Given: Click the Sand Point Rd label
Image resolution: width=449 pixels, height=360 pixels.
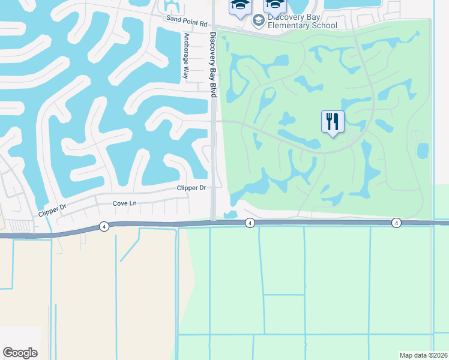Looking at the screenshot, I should pyautogui.click(x=187, y=20).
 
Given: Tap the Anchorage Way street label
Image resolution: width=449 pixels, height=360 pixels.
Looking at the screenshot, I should pyautogui.click(x=186, y=56).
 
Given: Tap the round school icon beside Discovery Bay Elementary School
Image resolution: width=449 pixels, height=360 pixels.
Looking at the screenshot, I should pyautogui.click(x=259, y=21).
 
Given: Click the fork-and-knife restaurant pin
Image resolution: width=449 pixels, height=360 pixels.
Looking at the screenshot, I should pyautogui.click(x=332, y=122).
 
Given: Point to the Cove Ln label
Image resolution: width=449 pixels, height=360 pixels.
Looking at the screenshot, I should pyautogui.click(x=125, y=203).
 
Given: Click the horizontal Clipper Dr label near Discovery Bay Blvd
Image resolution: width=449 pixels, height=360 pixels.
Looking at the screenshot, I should pyautogui.click(x=191, y=188).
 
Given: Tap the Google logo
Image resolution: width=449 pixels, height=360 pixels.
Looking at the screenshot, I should pyautogui.click(x=20, y=353).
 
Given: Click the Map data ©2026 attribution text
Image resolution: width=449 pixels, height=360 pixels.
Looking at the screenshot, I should pyautogui.click(x=423, y=355).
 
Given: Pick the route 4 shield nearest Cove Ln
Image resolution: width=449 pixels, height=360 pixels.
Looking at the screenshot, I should pyautogui.click(x=104, y=226).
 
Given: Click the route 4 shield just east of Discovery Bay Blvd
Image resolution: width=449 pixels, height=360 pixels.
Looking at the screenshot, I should pyautogui.click(x=250, y=223).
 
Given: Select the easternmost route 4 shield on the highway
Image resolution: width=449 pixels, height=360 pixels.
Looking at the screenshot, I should pyautogui.click(x=396, y=223).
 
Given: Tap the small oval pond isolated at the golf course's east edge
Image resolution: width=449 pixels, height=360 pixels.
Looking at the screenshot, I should pyautogui.click(x=423, y=150).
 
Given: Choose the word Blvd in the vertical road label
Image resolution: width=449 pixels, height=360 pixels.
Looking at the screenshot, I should pyautogui.click(x=212, y=90).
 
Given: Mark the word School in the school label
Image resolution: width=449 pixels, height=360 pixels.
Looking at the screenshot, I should pyautogui.click(x=324, y=25).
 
